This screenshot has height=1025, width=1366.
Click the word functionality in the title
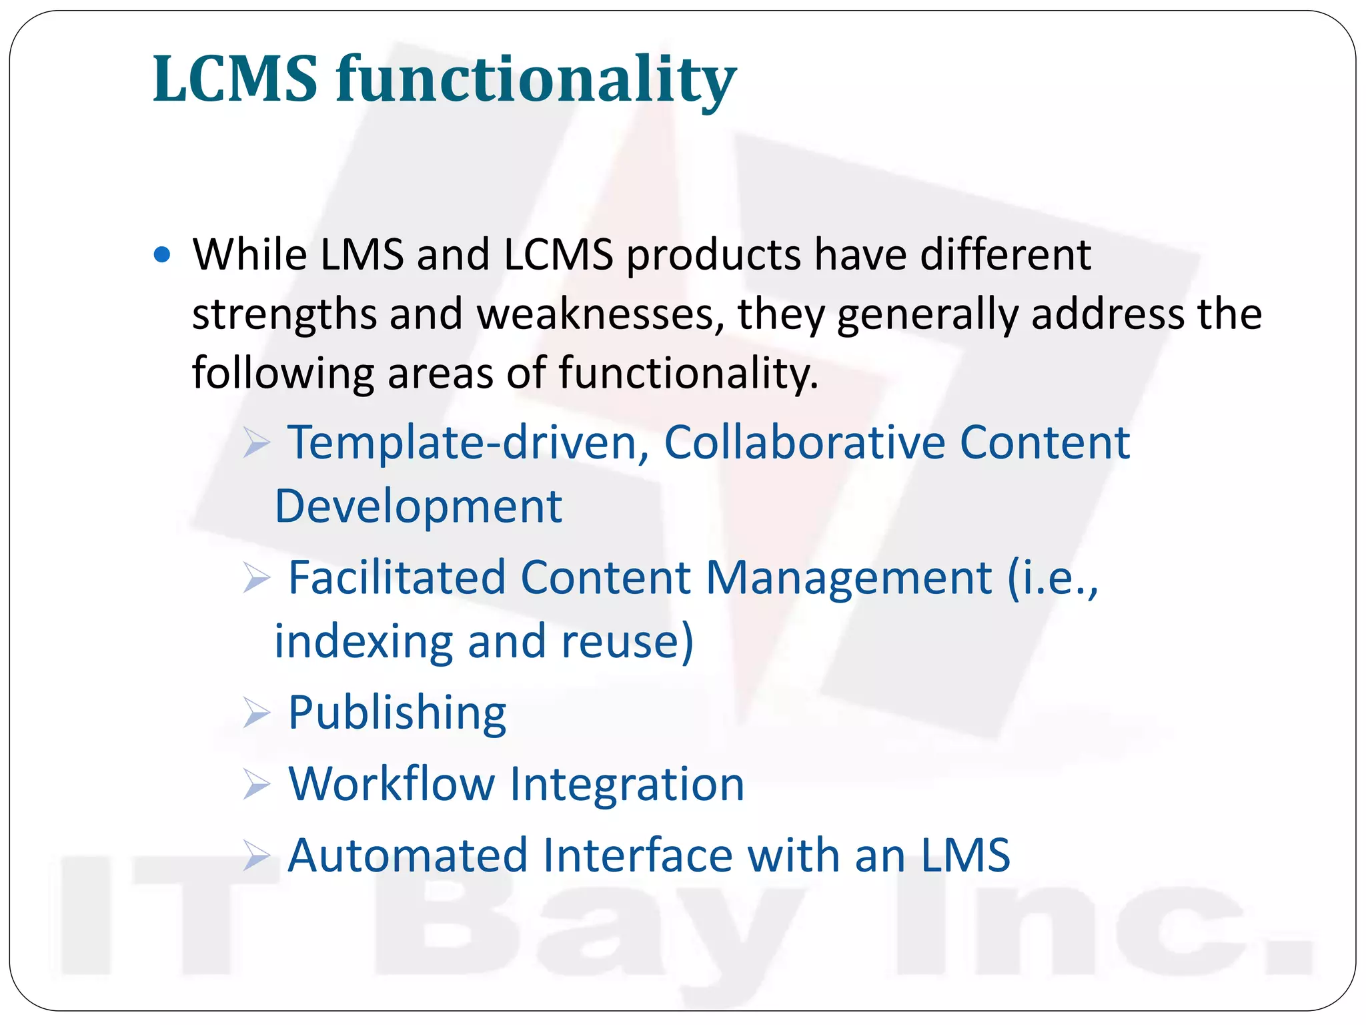click(536, 81)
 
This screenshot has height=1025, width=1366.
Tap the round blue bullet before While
click(162, 255)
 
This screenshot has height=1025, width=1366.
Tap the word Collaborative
click(804, 442)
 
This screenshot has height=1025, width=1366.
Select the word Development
click(418, 506)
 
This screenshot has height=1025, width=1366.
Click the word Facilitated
click(397, 577)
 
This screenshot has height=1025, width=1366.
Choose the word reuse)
click(627, 641)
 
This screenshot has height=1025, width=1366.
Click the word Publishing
click(397, 713)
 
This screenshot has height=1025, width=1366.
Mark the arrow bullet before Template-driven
click(256, 443)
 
